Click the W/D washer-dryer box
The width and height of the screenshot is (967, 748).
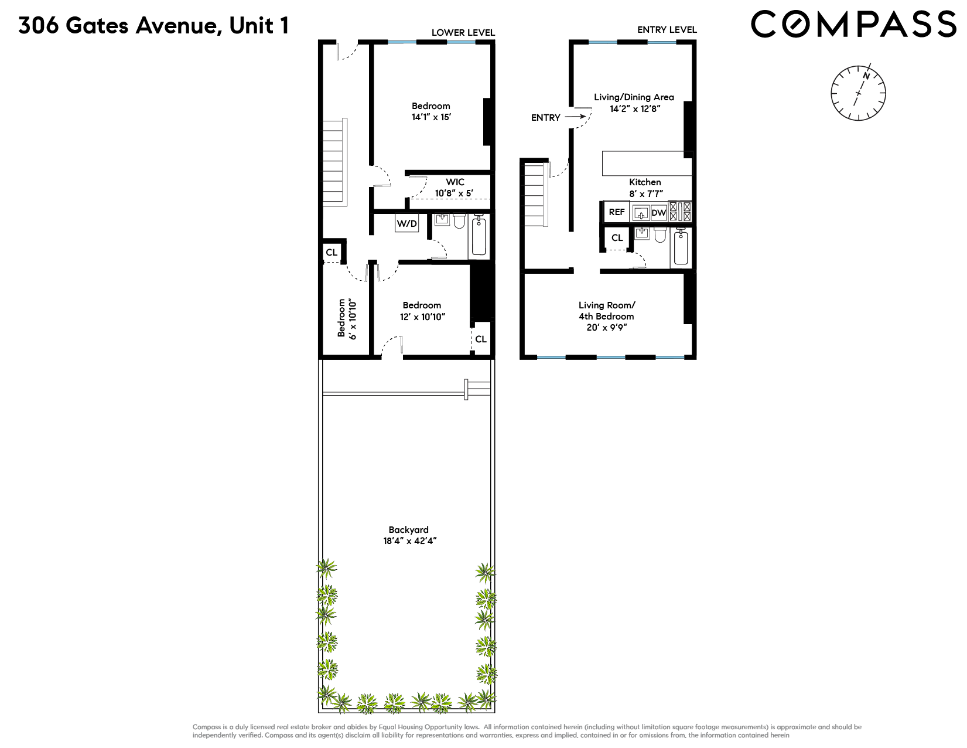point(407,223)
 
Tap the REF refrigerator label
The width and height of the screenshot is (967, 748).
point(617,212)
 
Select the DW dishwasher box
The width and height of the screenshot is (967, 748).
point(659,212)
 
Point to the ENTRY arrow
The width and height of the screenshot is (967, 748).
point(575,117)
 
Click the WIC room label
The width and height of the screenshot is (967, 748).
point(455,182)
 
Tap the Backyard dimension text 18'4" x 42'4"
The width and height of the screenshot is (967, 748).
point(410,541)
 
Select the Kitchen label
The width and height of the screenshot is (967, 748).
point(645,182)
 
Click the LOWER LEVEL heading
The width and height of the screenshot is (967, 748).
point(463,33)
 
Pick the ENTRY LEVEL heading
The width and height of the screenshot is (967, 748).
point(667,30)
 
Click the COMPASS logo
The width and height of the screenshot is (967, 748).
point(853,25)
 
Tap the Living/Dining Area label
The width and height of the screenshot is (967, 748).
point(634,97)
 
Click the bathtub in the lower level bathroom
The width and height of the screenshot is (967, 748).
point(479,236)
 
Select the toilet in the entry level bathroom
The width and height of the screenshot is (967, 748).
point(660,235)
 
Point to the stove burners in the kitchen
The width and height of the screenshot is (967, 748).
point(680,211)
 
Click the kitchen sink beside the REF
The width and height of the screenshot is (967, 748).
point(641,212)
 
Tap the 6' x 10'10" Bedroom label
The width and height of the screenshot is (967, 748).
point(347,318)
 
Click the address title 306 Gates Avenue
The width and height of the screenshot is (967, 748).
point(153,26)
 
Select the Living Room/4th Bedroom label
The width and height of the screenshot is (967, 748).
point(606,311)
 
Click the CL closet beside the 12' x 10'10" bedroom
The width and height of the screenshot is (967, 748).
point(481,339)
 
